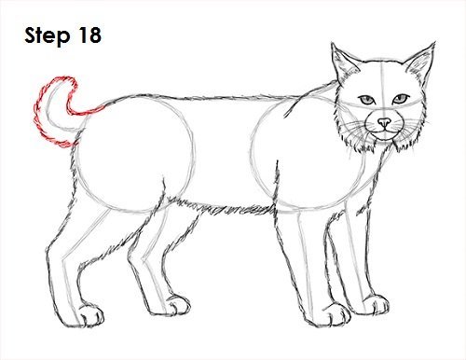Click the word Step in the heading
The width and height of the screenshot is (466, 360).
click(x=48, y=35)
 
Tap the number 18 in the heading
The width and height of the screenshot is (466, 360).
click(x=89, y=35)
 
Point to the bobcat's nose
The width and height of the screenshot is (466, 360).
click(x=385, y=122)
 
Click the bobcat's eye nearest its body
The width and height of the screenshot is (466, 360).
click(x=367, y=100)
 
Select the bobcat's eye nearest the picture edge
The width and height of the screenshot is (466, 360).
click(x=401, y=99)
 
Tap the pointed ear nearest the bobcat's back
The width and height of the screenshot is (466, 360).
click(x=343, y=63)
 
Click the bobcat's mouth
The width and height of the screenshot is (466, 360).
click(x=385, y=132)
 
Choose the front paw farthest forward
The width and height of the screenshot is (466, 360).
click(x=375, y=304)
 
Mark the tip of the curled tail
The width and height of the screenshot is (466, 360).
click(x=73, y=79)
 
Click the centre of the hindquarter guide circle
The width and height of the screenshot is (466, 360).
click(x=134, y=154)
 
